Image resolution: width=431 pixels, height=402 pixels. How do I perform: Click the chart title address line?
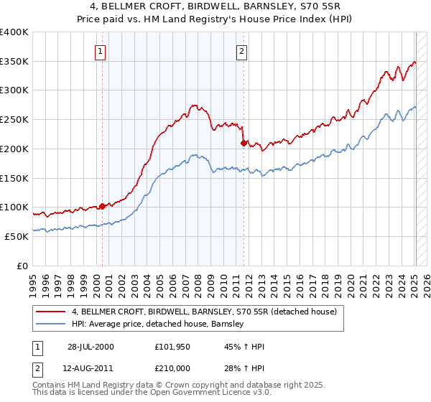(x=215, y=6)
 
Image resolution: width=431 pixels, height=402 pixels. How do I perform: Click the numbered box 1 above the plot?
(x=99, y=51)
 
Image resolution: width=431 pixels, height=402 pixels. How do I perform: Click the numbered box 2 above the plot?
(x=241, y=51)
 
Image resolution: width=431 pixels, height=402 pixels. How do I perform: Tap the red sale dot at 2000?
(x=102, y=206)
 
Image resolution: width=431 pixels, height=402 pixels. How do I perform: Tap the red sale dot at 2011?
(x=244, y=143)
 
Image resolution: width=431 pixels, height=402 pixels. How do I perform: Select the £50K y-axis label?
(x=16, y=236)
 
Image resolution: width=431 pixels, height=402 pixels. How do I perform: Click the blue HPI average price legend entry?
(x=158, y=324)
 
